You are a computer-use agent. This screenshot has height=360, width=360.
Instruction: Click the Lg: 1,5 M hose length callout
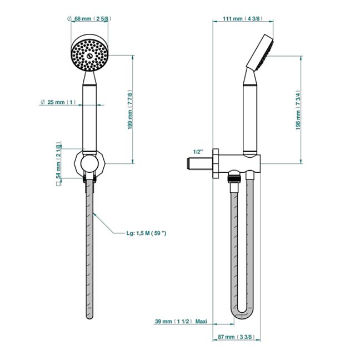[x=147, y=234]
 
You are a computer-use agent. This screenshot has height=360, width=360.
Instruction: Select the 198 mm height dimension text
[x=298, y=110]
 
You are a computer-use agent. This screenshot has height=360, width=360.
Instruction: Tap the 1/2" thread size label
[x=198, y=151]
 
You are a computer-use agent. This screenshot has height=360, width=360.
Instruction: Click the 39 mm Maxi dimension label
[x=180, y=322]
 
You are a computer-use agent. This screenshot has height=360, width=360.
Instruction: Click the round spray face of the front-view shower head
[x=89, y=54]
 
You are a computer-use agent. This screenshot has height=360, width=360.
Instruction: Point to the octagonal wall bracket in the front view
[x=89, y=163]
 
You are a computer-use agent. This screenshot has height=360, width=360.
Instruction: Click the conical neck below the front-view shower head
[x=89, y=79]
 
